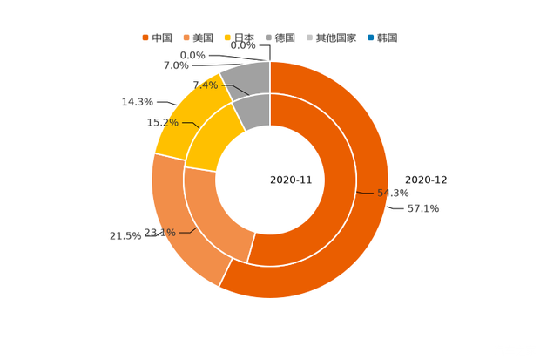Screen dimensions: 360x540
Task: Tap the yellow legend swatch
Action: pos(227,37)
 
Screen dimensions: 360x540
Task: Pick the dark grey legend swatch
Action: pos(271,37)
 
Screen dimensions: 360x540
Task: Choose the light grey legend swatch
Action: pos(311,37)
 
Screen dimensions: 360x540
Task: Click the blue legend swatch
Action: pos(372,37)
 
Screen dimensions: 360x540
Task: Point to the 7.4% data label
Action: pos(204,85)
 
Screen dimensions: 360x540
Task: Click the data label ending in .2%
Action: pos(161,122)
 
